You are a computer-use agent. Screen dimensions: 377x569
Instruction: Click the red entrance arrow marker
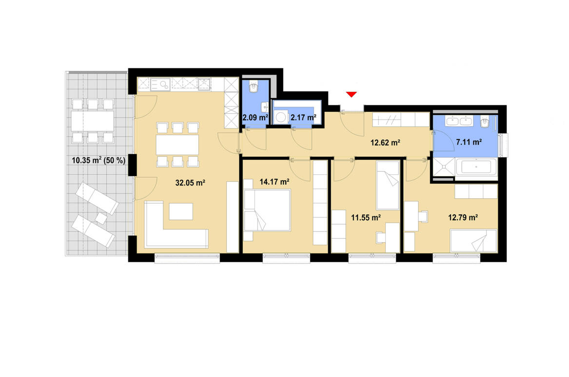[x=352, y=94]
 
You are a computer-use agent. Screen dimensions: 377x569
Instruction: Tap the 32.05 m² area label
[x=190, y=183]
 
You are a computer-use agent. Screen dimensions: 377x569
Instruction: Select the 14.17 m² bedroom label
[x=275, y=182]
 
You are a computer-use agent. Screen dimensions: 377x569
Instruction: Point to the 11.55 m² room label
[x=366, y=218]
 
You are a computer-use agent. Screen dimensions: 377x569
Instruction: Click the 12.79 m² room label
[x=463, y=218]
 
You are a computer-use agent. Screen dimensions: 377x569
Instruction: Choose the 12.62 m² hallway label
[x=385, y=143]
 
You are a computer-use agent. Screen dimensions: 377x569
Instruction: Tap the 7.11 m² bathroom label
[x=469, y=143]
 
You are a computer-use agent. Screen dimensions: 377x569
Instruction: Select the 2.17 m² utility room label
[x=303, y=117]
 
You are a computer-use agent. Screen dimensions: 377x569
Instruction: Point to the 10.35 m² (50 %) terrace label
[x=98, y=160]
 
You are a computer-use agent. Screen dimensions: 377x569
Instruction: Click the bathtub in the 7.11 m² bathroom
[x=477, y=168]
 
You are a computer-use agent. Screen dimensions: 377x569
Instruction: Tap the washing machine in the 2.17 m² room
[x=281, y=118]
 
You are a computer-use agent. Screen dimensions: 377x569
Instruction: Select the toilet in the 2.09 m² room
[x=254, y=87]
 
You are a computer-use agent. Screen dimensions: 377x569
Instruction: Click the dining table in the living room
[x=177, y=145]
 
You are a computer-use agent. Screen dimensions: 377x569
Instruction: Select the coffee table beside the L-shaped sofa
[x=180, y=211]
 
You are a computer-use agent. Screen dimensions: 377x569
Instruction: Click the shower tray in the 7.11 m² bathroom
[x=443, y=168]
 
